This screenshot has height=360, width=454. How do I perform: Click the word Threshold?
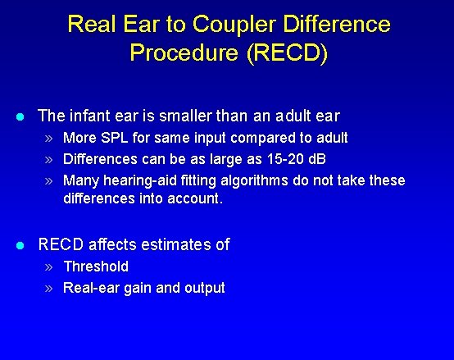coord(96,266)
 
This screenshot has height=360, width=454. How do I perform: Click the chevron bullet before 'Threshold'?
coord(49,267)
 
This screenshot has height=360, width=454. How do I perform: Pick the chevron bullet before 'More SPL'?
coord(49,138)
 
